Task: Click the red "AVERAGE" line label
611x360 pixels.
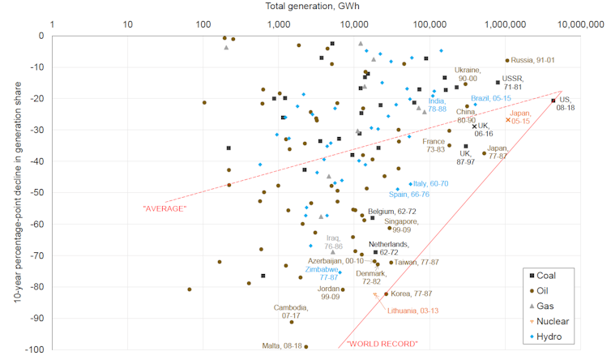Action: (x=164, y=208)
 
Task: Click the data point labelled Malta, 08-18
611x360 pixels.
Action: (x=305, y=347)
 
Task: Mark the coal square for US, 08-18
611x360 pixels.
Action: (x=553, y=101)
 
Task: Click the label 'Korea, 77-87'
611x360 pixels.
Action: (x=414, y=294)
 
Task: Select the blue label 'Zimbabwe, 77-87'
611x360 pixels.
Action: (x=323, y=273)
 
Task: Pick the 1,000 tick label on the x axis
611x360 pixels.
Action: (x=277, y=25)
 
